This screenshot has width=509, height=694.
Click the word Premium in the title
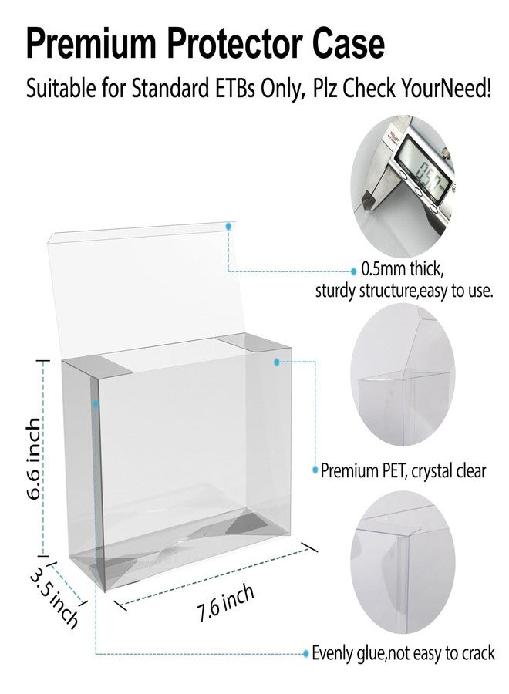(x=91, y=43)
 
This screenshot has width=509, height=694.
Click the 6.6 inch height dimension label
(x=34, y=459)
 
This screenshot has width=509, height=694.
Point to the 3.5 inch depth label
(x=54, y=597)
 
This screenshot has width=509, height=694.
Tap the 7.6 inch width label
(x=225, y=603)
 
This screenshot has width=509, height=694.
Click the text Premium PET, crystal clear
(x=403, y=471)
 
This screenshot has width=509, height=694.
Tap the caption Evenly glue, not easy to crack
(x=403, y=653)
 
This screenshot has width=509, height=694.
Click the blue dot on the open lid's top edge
(x=228, y=226)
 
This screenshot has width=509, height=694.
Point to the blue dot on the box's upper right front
(x=277, y=362)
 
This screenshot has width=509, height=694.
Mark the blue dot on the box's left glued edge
(x=96, y=403)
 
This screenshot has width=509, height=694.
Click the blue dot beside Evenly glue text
(x=305, y=653)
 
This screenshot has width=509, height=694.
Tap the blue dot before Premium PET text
(x=315, y=470)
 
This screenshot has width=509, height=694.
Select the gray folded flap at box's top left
(x=97, y=366)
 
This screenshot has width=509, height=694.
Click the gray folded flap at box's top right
(x=253, y=343)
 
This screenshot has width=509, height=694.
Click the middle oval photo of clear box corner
(x=403, y=375)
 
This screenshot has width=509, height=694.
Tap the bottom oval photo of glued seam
(x=403, y=562)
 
